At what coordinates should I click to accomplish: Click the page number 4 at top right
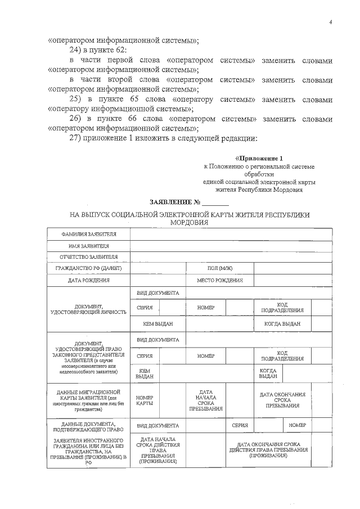click(331, 22)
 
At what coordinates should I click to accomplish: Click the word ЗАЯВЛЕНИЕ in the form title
click(170, 201)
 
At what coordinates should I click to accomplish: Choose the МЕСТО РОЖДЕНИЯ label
click(219, 280)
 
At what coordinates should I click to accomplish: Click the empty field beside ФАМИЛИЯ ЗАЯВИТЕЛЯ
click(231, 234)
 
